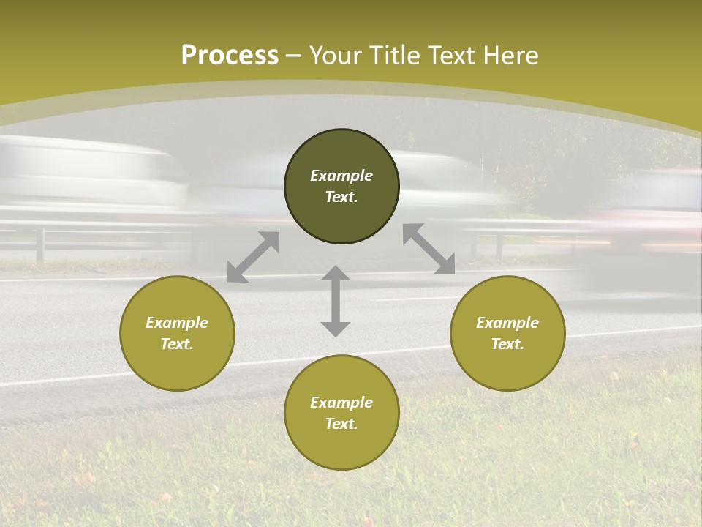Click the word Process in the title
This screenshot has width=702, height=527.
click(x=230, y=56)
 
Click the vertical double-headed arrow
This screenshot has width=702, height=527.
click(x=336, y=301)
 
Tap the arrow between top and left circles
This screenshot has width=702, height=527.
click(x=254, y=256)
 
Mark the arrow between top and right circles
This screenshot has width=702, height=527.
click(x=429, y=249)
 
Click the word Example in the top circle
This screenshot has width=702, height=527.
click(x=341, y=176)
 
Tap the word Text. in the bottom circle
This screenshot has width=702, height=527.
click(x=341, y=424)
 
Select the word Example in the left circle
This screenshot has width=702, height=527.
click(x=177, y=323)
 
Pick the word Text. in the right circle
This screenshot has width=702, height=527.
click(x=507, y=344)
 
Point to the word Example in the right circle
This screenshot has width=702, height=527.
click(x=507, y=323)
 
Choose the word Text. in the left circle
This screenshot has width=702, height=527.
click(x=177, y=344)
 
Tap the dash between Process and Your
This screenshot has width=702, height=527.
click(x=294, y=56)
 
